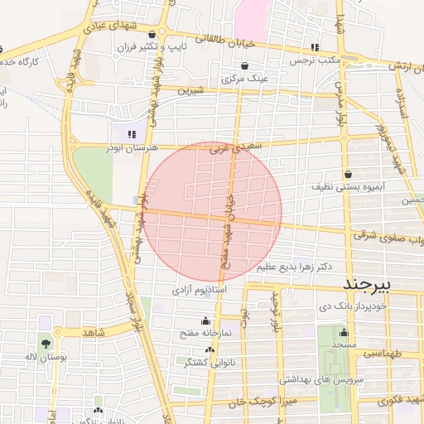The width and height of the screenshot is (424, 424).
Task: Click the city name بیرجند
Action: pos(371,284)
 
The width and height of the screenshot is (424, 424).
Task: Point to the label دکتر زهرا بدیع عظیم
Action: pos(295,267)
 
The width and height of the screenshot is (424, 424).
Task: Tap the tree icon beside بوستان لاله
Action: pos(46,343)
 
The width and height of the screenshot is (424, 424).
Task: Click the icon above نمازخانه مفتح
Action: pos(205,321)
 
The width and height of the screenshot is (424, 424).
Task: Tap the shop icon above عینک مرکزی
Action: pos(244,66)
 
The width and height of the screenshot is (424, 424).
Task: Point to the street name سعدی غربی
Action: pos(228,150)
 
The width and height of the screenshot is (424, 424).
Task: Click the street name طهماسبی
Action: pos(383,353)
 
